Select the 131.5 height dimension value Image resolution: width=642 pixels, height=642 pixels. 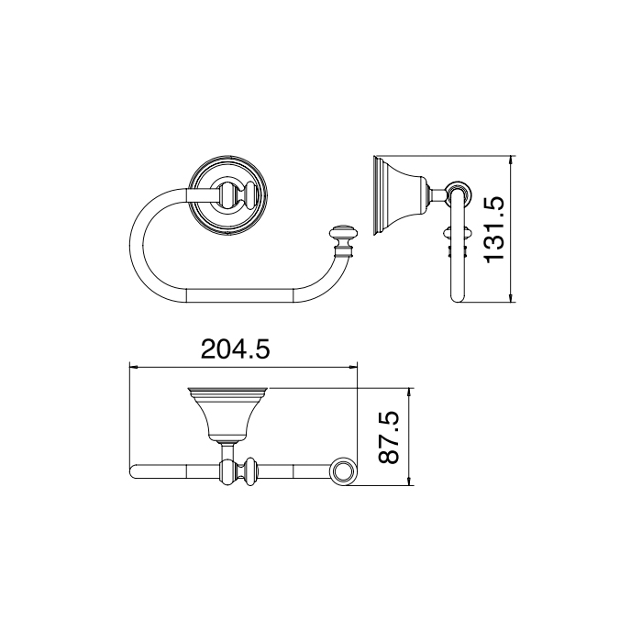(x=495, y=227)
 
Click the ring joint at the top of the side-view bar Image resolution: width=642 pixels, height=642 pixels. (x=459, y=194)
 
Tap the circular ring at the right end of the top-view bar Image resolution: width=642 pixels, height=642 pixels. (x=343, y=472)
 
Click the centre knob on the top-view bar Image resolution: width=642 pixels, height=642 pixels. (x=246, y=472)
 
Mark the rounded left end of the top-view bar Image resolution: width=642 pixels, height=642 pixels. (x=134, y=472)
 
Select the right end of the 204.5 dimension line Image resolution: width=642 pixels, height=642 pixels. (x=357, y=368)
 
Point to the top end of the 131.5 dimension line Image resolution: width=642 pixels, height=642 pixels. (x=514, y=157)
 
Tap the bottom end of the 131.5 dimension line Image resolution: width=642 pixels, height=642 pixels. (x=514, y=302)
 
